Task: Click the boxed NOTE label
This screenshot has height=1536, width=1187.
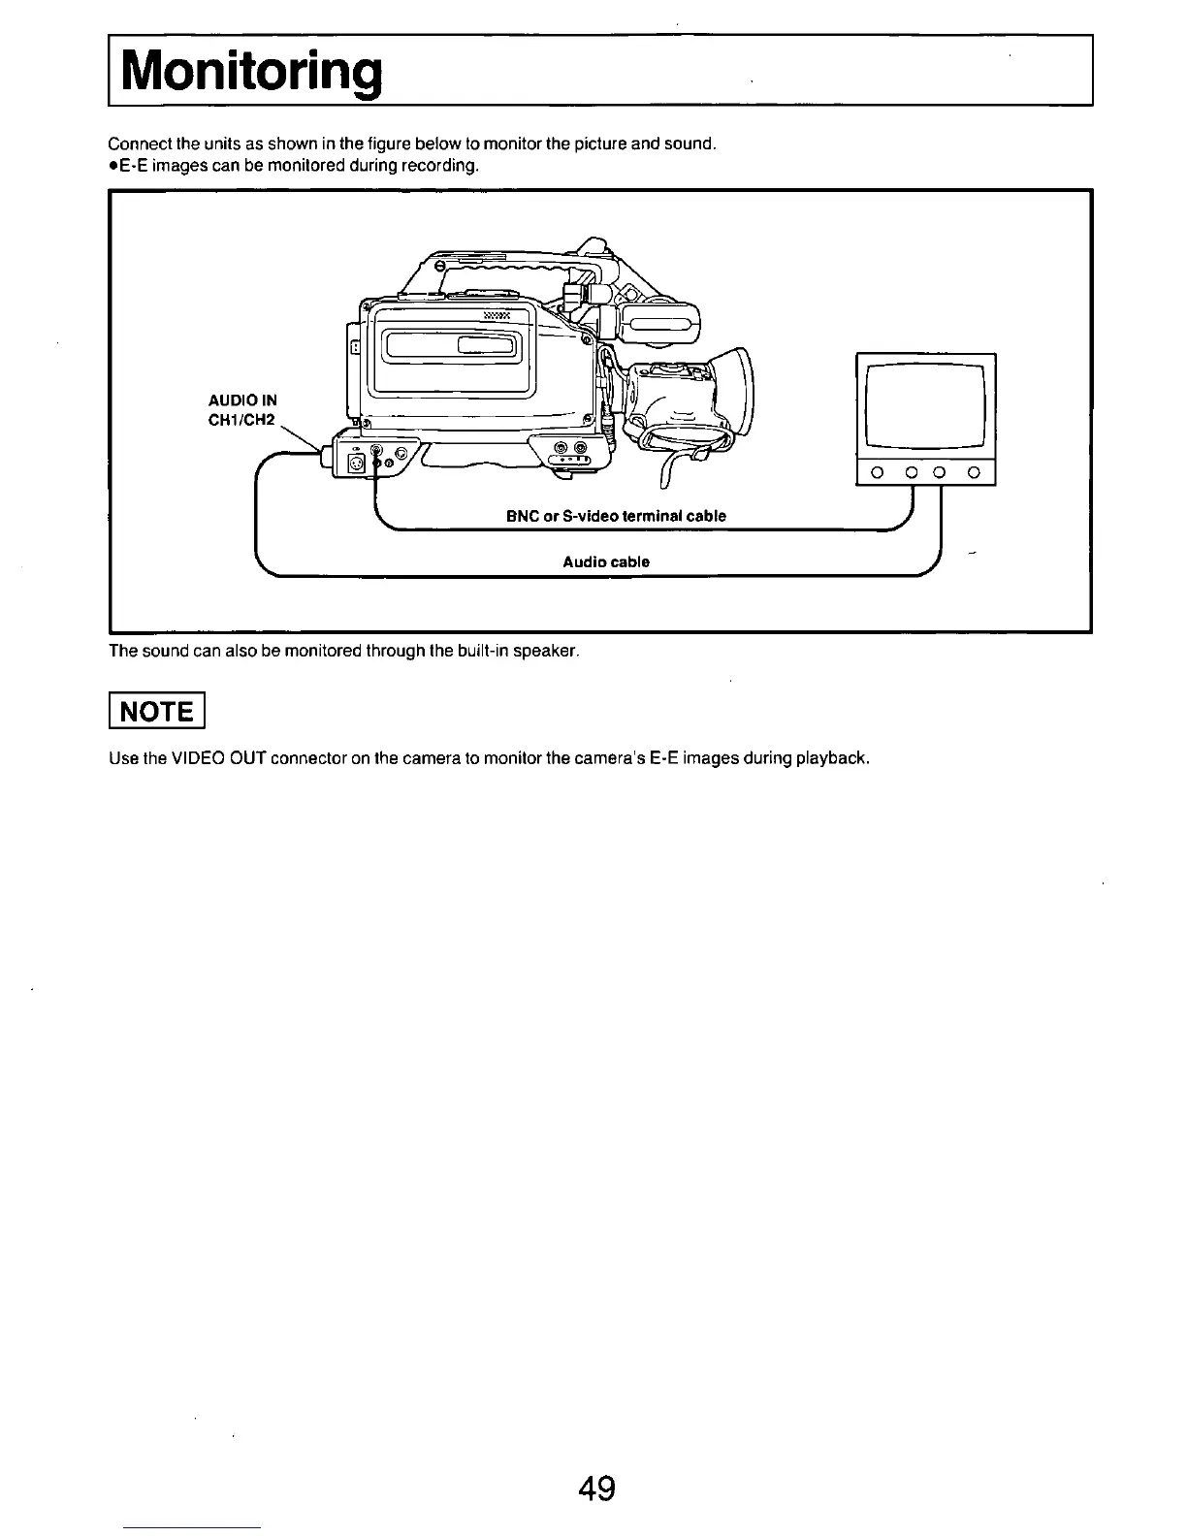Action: [156, 711]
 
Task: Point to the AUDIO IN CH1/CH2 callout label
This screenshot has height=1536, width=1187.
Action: [242, 409]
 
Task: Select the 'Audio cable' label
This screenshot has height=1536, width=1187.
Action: [606, 561]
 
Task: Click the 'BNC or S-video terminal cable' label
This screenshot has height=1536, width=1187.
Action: [616, 516]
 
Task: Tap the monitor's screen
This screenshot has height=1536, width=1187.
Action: [925, 403]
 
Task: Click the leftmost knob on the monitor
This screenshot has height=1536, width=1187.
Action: [875, 473]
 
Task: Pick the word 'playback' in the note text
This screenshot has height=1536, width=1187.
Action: [832, 757]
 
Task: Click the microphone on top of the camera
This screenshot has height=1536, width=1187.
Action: [655, 326]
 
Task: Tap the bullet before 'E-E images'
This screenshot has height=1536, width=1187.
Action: [113, 166]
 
